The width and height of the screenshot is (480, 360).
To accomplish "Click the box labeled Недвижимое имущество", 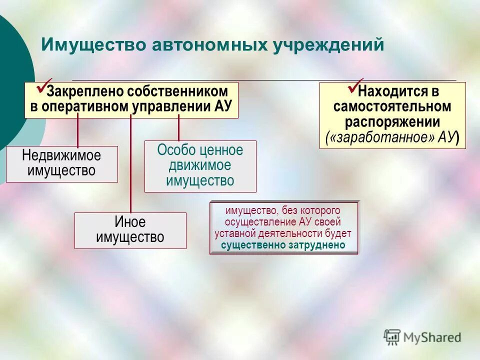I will [62, 163].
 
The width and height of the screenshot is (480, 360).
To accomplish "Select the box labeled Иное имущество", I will [130, 230].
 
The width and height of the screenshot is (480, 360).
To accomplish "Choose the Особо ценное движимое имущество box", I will [200, 166].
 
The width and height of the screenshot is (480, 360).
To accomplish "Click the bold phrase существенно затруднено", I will [283, 245].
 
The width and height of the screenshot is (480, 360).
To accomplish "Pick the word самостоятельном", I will [392, 107].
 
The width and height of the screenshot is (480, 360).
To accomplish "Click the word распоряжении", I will [392, 122].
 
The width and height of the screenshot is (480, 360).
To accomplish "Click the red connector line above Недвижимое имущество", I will [77, 131].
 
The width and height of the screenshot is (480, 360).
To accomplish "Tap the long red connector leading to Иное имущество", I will [130, 165].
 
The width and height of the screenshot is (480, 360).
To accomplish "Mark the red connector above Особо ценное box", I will [178, 128].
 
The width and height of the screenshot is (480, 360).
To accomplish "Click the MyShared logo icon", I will [392, 336].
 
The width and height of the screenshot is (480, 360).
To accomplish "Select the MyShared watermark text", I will [432, 337].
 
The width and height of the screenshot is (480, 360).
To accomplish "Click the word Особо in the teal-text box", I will [174, 150].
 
